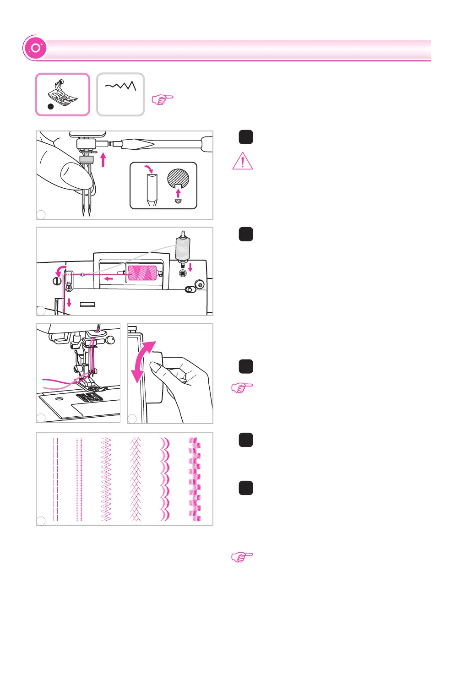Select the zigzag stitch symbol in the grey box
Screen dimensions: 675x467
click(121, 86)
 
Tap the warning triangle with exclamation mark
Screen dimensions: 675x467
click(243, 161)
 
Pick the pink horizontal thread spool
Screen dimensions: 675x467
click(142, 272)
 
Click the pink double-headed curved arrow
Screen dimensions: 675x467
click(143, 362)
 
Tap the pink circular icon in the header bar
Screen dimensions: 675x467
click(35, 48)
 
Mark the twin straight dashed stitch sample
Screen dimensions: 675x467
click(55, 479)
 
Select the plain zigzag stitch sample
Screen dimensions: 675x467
click(106, 479)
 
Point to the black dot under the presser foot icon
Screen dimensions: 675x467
click(51, 107)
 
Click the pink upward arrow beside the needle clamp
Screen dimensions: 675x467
click(103, 159)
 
